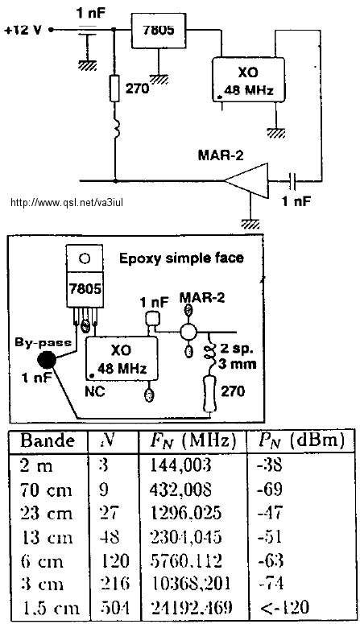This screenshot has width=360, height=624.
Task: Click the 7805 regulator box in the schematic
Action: (x=159, y=31)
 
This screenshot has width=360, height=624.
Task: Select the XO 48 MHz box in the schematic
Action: (x=248, y=80)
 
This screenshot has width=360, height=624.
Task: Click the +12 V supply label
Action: (x=23, y=30)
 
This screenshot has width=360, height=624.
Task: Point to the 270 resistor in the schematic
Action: (x=114, y=88)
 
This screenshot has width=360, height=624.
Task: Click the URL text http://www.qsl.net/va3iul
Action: (x=67, y=203)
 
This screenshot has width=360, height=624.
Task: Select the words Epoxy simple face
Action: (x=181, y=258)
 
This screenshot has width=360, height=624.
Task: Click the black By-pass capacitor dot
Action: (x=47, y=362)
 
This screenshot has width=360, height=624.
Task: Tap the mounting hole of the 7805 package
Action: (x=85, y=259)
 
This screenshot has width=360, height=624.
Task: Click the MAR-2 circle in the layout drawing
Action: (x=188, y=332)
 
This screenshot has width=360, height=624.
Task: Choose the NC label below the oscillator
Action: (x=95, y=391)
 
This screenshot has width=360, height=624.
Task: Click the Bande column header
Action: (x=48, y=440)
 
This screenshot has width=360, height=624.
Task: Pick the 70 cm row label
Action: (x=46, y=490)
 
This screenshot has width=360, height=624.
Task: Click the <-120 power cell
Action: (x=284, y=607)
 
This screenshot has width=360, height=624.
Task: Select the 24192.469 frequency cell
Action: (x=192, y=607)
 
